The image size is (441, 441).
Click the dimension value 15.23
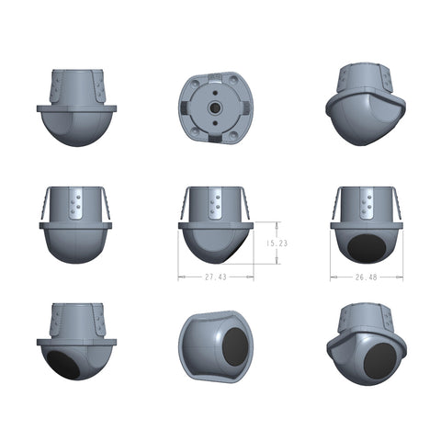(277, 243)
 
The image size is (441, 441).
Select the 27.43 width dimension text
(216, 277)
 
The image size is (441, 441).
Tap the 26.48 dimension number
(366, 277)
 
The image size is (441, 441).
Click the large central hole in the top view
(215, 107)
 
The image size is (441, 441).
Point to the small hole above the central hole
(215, 93)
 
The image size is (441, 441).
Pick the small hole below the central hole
(215, 123)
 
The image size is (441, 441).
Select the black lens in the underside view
(235, 347)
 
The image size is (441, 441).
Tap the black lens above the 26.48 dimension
(367, 248)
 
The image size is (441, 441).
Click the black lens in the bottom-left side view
(63, 365)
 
